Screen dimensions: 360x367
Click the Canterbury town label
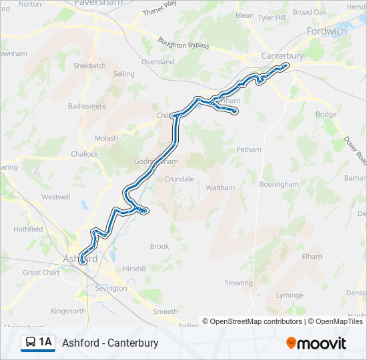[x=282, y=55]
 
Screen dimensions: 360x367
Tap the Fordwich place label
[x=326, y=31]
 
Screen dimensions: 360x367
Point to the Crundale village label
[x=179, y=179]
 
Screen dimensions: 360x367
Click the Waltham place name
[x=220, y=188]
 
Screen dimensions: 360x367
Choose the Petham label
[x=249, y=150]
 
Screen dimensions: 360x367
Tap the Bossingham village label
[x=279, y=184]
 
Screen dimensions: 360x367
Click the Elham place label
[x=312, y=256]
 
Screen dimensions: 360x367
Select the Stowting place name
[x=239, y=283]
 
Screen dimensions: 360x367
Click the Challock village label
[x=85, y=154]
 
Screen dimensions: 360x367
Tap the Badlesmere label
[x=87, y=106]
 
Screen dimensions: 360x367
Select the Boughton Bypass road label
[x=183, y=43]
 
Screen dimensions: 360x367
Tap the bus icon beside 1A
[x=31, y=343]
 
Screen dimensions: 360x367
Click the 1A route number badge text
[x=45, y=343]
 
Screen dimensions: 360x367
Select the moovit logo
[x=316, y=343]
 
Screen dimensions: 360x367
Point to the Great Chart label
[x=41, y=272]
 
